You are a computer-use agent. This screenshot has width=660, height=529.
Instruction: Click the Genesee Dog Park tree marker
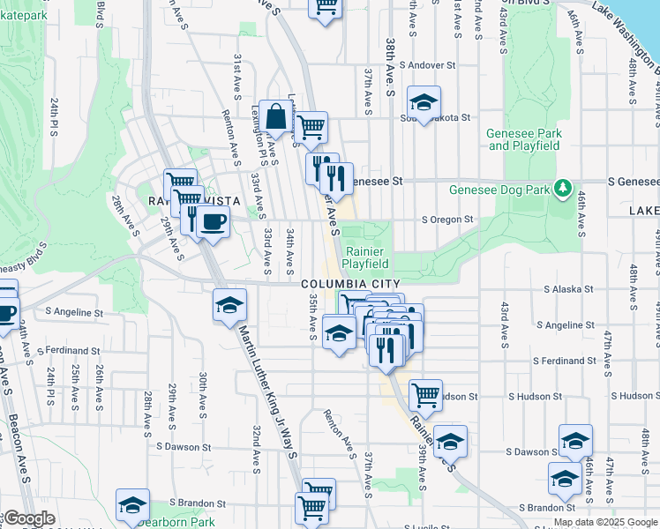tap(561, 188)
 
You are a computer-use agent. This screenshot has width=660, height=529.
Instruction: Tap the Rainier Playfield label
tap(365, 256)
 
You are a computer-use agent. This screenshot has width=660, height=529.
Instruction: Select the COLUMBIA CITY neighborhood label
tap(344, 284)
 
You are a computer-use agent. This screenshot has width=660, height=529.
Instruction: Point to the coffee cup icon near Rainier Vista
tap(213, 221)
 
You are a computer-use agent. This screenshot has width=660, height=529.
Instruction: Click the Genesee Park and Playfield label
tap(524, 138)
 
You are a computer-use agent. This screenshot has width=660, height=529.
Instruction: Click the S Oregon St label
tap(447, 220)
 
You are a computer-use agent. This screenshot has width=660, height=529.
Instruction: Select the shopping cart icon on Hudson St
tap(425, 395)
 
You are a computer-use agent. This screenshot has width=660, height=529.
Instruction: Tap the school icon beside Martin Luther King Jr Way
tap(229, 305)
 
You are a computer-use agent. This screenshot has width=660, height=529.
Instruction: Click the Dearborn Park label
tap(176, 522)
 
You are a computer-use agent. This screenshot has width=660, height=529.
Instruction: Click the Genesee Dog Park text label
tap(499, 189)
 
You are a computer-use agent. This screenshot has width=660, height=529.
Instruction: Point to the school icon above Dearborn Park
tap(132, 505)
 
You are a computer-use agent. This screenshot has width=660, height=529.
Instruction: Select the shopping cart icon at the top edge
tap(325, 7)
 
